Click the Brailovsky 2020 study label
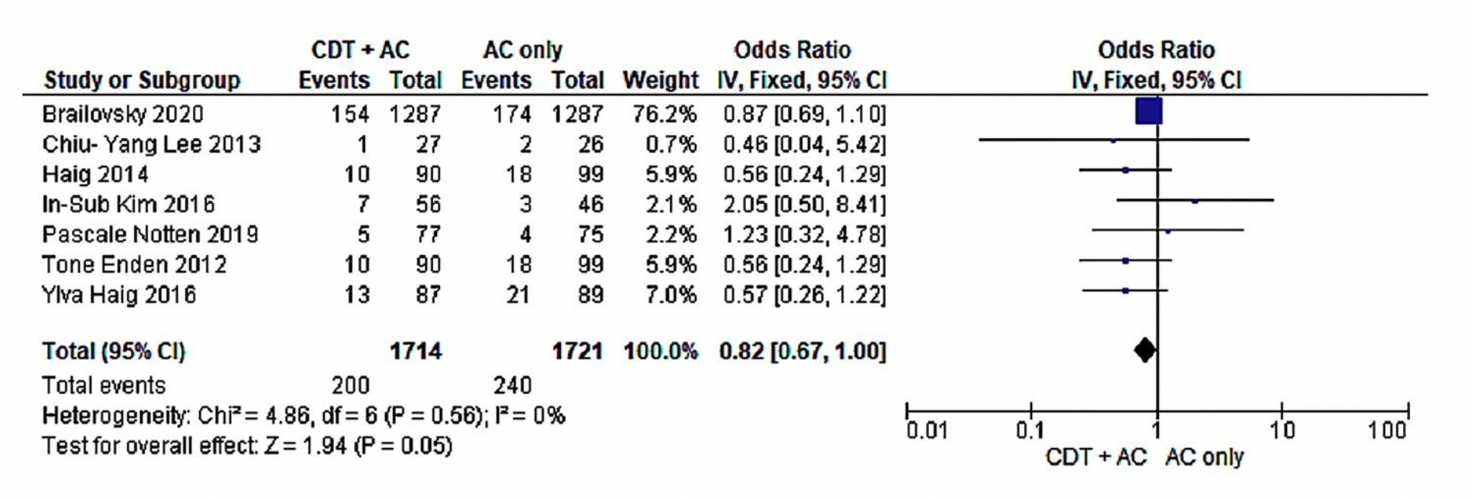(122, 115)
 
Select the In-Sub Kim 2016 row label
(128, 205)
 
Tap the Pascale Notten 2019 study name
(150, 235)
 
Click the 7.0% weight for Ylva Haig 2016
(671, 295)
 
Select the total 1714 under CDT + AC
(415, 352)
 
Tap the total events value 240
(512, 385)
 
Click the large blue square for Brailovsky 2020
(1148, 112)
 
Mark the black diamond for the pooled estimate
(1144, 351)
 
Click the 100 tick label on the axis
(1387, 431)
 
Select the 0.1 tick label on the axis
(1030, 431)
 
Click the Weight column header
(660, 81)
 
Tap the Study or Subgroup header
(142, 81)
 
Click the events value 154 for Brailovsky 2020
(350, 115)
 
